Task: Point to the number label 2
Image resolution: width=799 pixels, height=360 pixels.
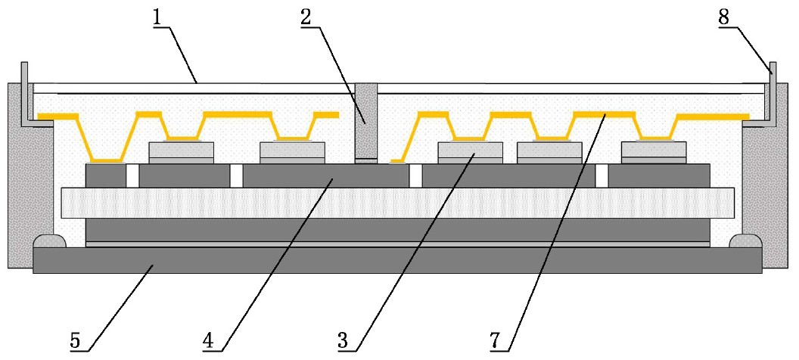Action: (x=306, y=17)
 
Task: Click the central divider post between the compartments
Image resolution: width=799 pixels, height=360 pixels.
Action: (x=365, y=121)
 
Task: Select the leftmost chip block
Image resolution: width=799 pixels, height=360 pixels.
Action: (x=181, y=152)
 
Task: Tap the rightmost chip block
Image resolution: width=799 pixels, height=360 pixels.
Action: (x=653, y=152)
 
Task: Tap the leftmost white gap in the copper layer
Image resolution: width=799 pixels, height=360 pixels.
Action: (x=133, y=175)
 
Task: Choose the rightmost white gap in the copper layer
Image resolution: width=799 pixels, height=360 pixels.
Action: (x=602, y=175)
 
